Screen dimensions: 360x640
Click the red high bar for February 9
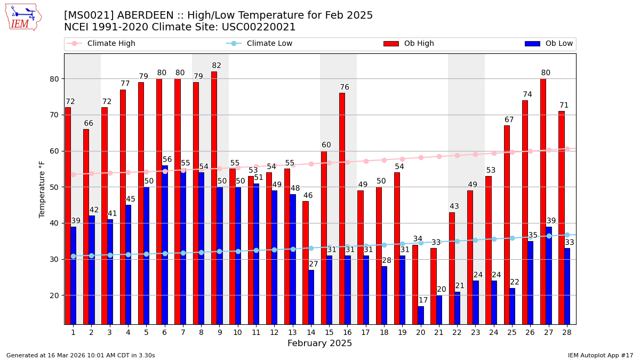[x=214, y=197]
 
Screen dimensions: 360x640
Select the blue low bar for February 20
[x=421, y=315]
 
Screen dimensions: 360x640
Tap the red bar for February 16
[x=342, y=208]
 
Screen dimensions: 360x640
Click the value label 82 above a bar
[x=217, y=66]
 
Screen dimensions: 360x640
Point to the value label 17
[x=423, y=300]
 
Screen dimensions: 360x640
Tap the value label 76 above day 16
[x=345, y=87]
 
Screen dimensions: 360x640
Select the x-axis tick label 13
[x=292, y=332]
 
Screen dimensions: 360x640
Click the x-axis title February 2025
[x=319, y=343]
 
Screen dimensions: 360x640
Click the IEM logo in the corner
[x=23, y=17]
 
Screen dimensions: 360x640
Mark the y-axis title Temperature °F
[x=42, y=189]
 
